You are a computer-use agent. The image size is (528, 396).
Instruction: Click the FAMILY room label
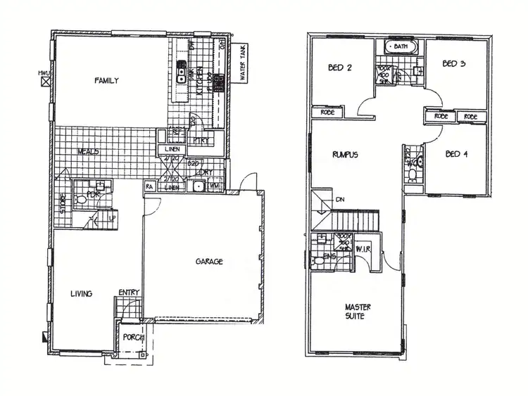tap(106, 81)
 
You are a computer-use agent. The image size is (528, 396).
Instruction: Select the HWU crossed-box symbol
tap(46, 81)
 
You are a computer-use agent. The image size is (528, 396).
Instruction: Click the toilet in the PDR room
tap(80, 200)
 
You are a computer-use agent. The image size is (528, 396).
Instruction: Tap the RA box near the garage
tap(150, 187)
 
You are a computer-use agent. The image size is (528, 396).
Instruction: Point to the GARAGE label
tap(209, 262)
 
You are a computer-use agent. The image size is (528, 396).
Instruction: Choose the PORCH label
tap(132, 337)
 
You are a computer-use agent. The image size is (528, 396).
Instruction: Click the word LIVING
tap(82, 293)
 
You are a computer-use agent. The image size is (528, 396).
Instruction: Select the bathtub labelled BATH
tap(400, 46)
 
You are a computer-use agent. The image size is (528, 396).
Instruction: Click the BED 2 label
tap(339, 68)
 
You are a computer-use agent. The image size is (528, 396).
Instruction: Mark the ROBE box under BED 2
tap(327, 112)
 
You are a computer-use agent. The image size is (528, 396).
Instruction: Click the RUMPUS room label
tap(346, 155)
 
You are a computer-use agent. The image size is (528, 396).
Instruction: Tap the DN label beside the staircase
tap(341, 199)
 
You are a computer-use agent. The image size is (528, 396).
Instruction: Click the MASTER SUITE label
tap(358, 312)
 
